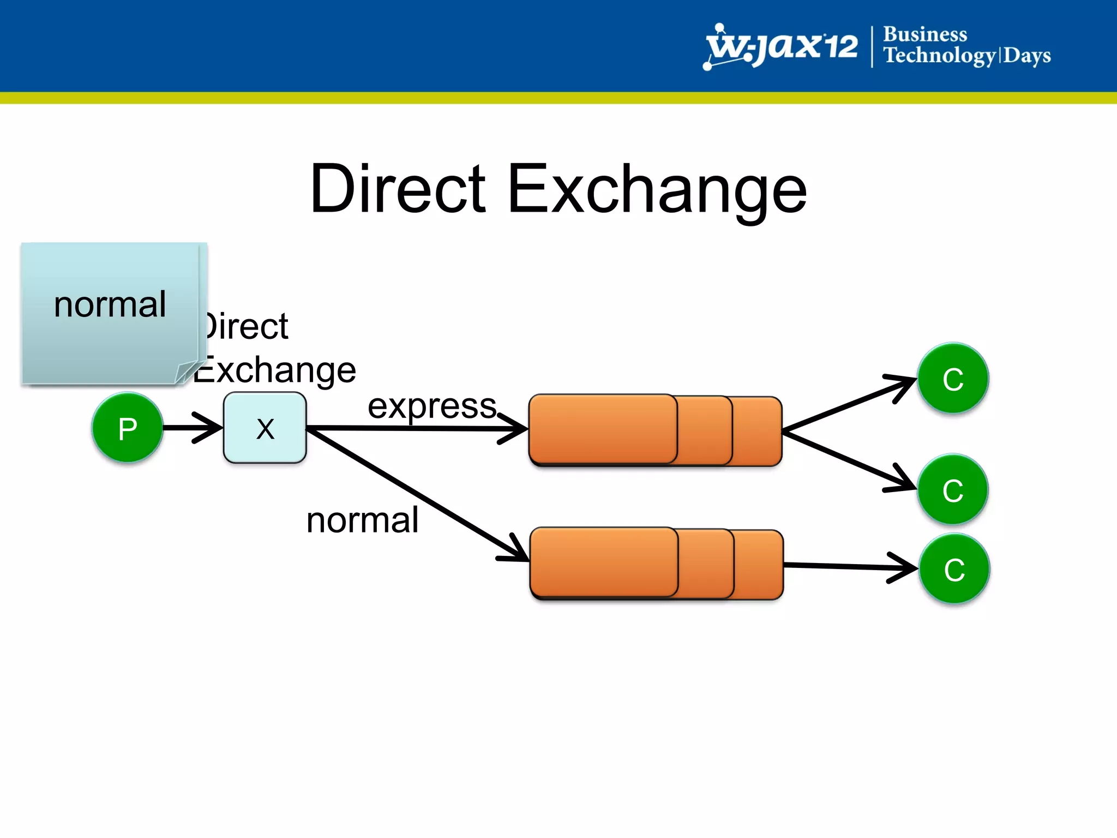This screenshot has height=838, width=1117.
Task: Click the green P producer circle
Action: [x=127, y=428]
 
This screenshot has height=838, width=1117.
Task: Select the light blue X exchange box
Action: [x=265, y=428]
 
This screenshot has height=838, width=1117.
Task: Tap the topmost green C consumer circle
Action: [x=953, y=378]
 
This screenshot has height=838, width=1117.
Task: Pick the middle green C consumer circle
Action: [x=953, y=489]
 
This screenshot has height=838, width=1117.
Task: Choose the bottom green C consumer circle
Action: [x=954, y=569]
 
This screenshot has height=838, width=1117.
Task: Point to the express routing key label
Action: [x=432, y=406]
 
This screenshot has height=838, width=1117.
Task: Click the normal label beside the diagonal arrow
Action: [x=363, y=520]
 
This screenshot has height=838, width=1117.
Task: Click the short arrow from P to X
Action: [x=191, y=427]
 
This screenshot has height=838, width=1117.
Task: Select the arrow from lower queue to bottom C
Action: [x=845, y=566]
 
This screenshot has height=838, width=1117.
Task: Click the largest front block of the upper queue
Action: [x=603, y=429]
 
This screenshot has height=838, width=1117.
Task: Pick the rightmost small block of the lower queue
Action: [x=759, y=564]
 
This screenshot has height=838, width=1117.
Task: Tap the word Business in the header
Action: [x=925, y=34]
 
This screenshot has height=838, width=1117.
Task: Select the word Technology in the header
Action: [x=939, y=56]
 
